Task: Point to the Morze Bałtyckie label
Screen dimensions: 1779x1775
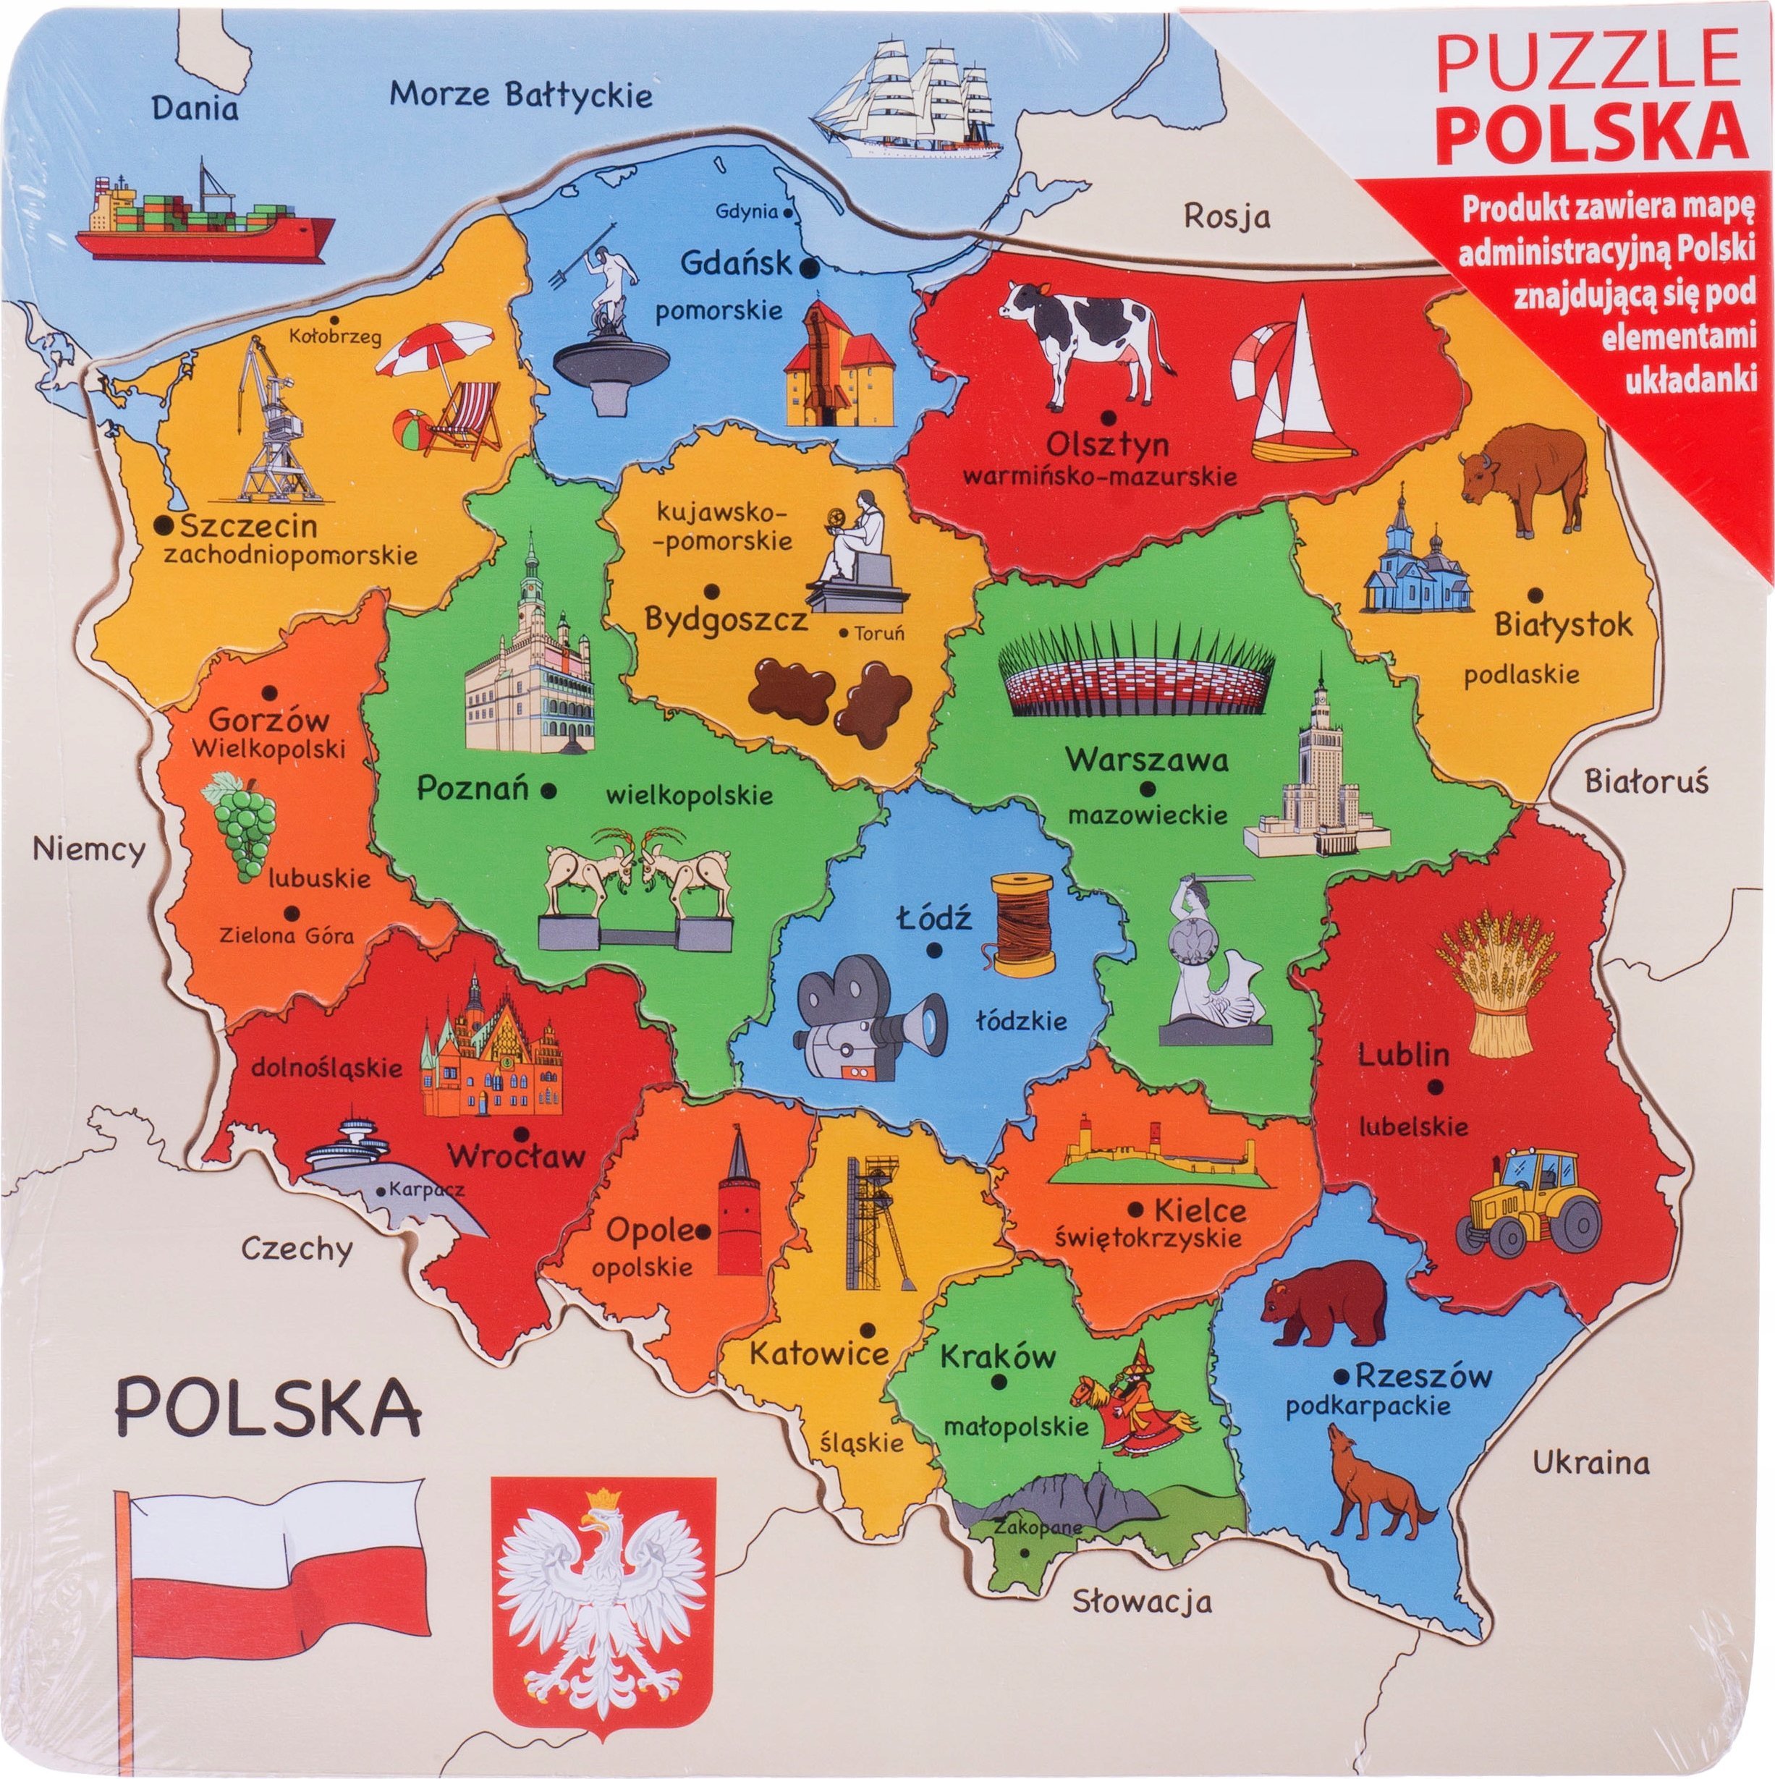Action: tap(520, 94)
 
